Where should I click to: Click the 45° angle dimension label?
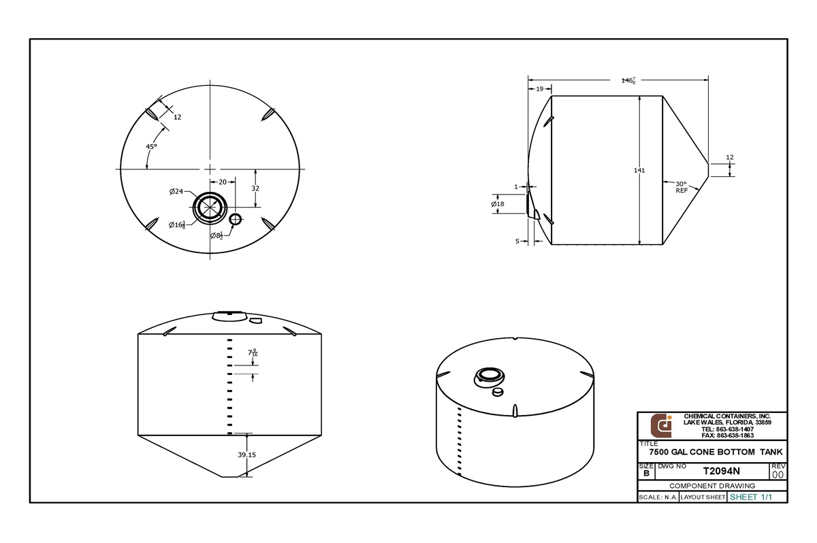tap(151, 146)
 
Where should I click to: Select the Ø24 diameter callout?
tap(176, 192)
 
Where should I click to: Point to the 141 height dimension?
tap(639, 170)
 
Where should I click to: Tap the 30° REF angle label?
tap(682, 187)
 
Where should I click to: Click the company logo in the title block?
tap(661, 425)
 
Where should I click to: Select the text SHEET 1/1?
tap(750, 497)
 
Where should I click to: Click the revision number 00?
tap(778, 474)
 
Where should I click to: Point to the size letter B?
tap(645, 474)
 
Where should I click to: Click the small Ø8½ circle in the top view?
tap(236, 219)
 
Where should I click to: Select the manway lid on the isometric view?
tap(489, 375)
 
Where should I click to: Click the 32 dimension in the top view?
tap(255, 188)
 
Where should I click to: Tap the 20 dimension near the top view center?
tap(222, 182)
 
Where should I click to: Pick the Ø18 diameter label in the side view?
tap(498, 204)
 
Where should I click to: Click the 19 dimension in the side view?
tap(539, 89)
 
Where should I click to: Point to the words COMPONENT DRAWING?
tap(712, 486)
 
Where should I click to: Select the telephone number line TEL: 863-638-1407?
tap(727, 429)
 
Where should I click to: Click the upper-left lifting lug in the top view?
tap(155, 114)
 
